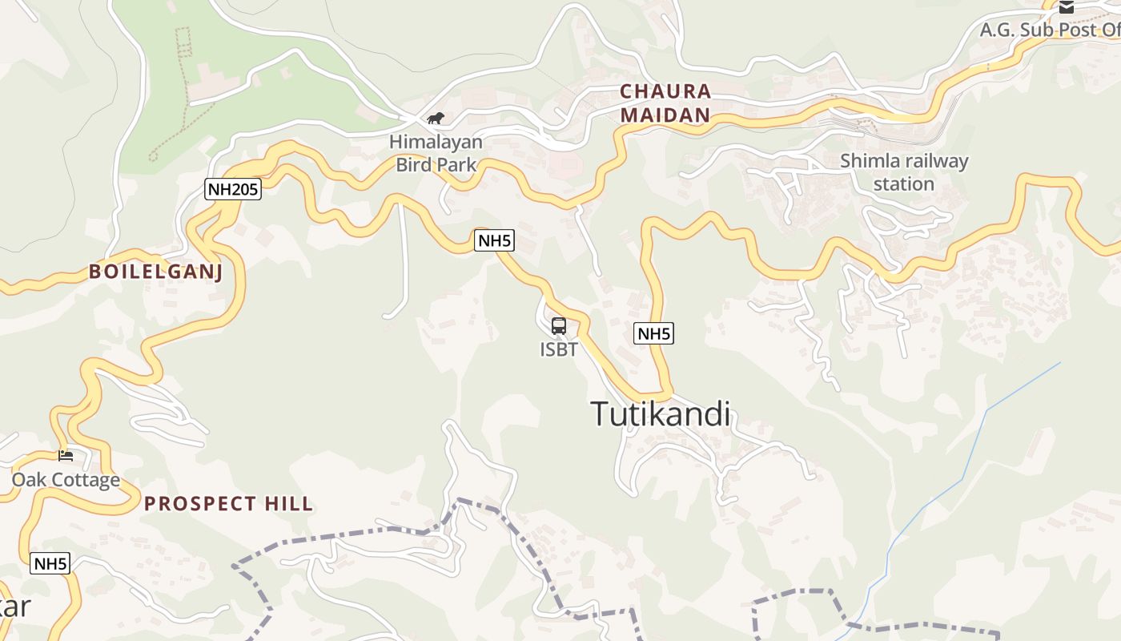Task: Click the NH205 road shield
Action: tap(232, 189)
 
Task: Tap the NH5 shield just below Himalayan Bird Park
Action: tap(494, 240)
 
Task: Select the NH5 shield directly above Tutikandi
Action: tap(653, 333)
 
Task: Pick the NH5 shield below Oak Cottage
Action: tap(50, 563)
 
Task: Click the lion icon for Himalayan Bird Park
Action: tap(436, 119)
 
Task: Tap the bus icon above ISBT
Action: tap(559, 326)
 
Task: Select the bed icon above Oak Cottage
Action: tap(66, 456)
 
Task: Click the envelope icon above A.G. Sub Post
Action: tap(1067, 7)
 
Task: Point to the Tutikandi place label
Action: tap(661, 414)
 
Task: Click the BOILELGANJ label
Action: tap(155, 272)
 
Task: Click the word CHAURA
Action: tap(665, 91)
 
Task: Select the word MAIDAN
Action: tap(665, 115)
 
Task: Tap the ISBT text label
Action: tap(559, 349)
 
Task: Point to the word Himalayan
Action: tap(436, 143)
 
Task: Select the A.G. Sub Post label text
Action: tap(1049, 30)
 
